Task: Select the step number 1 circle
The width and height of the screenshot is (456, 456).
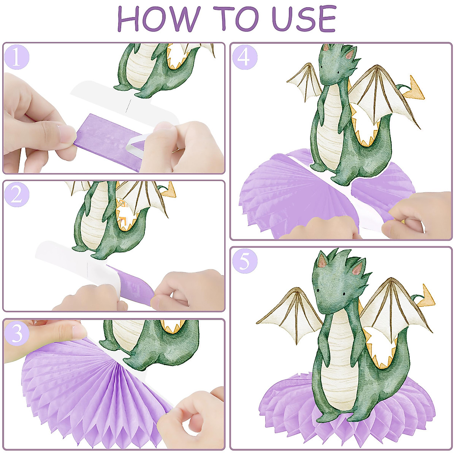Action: pyautogui.click(x=16, y=57)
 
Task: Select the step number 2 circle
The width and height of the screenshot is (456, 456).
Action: pyautogui.click(x=16, y=194)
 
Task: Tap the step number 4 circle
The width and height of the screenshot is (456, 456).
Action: pyautogui.click(x=244, y=57)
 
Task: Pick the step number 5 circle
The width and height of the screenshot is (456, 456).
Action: pyautogui.click(x=244, y=261)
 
